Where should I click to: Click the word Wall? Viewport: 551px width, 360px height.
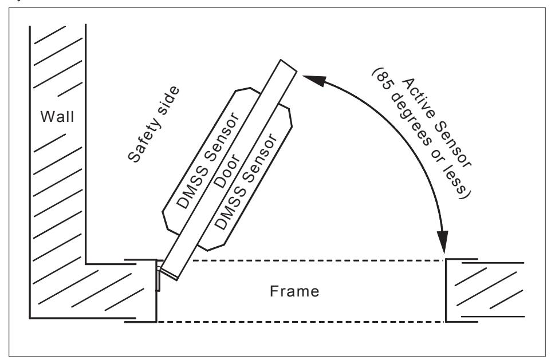pos(57,116)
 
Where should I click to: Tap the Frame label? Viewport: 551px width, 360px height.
pos(294,291)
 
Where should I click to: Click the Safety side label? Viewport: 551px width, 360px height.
pos(154,124)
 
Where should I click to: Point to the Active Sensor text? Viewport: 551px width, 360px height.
pos(436,123)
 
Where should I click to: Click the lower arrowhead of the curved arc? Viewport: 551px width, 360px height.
pos(444,241)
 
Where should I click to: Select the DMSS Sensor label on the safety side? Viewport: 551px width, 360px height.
pos(208,160)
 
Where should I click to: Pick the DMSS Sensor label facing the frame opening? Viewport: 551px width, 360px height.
pos(246,181)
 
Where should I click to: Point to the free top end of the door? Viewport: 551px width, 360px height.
pos(289,66)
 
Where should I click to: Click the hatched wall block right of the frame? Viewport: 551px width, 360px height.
pos(485,290)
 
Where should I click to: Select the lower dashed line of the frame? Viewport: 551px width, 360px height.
pos(301,322)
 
